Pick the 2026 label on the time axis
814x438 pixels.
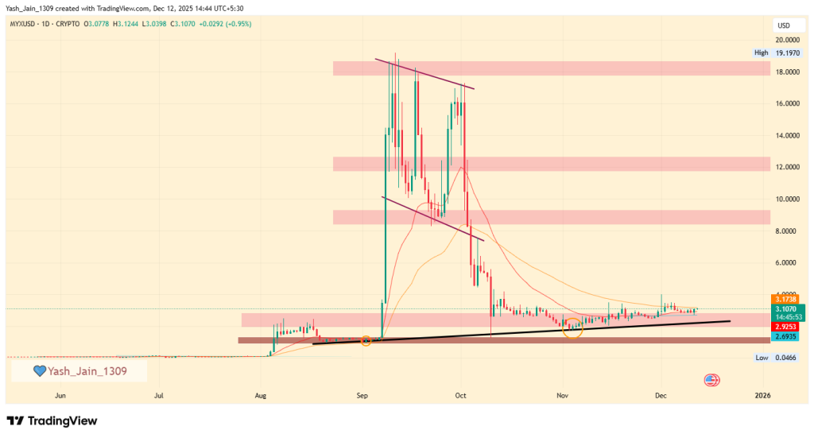click(762, 395)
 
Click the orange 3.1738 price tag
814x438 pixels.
click(788, 299)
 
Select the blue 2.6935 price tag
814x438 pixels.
click(788, 336)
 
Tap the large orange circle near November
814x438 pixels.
click(573, 328)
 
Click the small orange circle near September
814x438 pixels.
click(366, 341)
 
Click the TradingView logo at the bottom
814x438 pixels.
click(52, 421)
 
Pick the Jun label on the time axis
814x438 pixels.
click(60, 395)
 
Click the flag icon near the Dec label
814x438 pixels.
click(711, 381)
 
